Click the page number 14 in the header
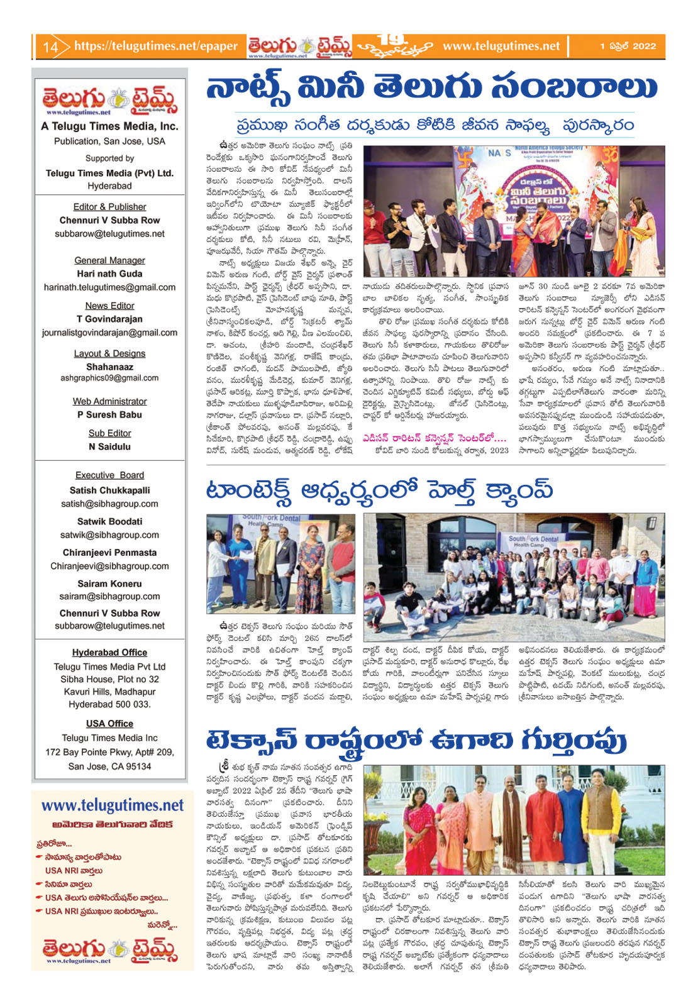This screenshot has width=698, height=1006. tap(50, 47)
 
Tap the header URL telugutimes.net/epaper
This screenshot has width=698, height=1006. tap(155, 46)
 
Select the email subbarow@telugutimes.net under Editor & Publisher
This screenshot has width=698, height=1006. tap(109, 234)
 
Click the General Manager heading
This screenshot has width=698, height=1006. tap(109, 260)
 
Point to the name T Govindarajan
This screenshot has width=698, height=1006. tap(109, 319)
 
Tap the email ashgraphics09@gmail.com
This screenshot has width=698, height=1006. tap(109, 378)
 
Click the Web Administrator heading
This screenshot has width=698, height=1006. tap(109, 401)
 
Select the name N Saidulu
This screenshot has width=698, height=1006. tap(109, 446)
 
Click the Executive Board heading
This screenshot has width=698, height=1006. tap(109, 475)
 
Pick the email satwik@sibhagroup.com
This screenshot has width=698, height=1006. tap(109, 535)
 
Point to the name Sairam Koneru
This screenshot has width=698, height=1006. tap(109, 583)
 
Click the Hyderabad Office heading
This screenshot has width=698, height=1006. tap(109, 653)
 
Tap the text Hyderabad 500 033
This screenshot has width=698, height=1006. tap(109, 704)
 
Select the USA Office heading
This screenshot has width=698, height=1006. tap(109, 724)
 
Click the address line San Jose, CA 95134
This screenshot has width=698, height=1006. tap(109, 766)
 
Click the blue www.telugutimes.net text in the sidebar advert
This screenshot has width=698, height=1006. tap(113, 805)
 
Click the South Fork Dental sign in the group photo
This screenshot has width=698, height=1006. tap(533, 539)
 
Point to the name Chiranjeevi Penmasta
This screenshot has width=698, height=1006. tap(109, 553)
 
